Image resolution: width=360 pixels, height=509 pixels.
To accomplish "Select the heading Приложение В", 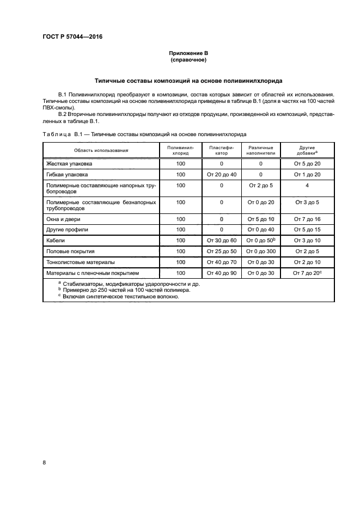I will [188, 53].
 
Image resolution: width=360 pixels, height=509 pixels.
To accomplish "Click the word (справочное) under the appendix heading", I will [188, 60].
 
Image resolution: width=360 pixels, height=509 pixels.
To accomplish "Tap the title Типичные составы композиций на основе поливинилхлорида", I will [188, 81].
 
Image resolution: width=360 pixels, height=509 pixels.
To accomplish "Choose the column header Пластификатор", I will [221, 150].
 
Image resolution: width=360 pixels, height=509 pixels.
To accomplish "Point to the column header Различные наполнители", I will [260, 150].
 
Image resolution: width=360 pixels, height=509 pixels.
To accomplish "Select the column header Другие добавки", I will [307, 150].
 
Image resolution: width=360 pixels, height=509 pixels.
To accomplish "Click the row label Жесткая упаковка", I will [70, 163].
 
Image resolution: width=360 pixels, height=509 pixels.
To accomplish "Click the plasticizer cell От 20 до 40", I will [221, 175].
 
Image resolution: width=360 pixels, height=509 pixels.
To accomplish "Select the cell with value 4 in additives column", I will [307, 186].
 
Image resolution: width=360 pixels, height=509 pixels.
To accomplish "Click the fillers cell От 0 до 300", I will [260, 252].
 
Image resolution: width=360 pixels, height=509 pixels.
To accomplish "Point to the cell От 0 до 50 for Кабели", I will [260, 240].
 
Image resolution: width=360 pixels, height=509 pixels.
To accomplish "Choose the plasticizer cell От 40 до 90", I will [221, 273].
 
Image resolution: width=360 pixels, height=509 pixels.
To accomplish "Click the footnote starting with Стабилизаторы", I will [131, 284].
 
